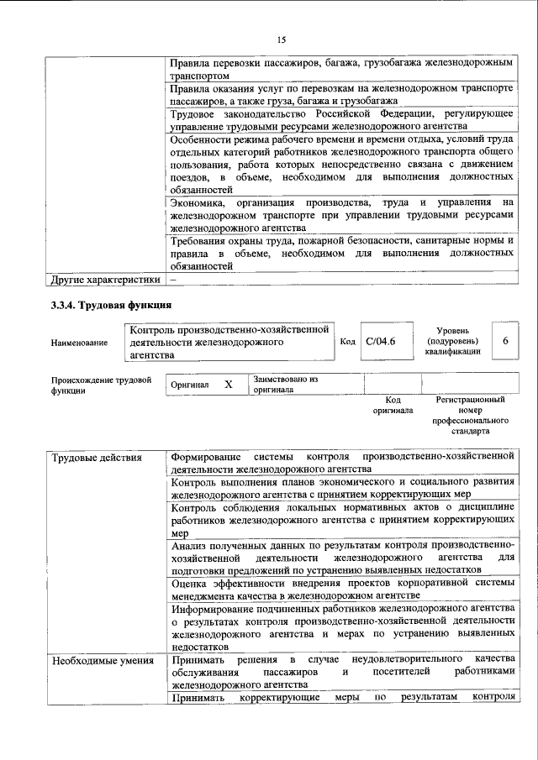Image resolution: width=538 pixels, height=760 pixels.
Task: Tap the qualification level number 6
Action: click(x=505, y=341)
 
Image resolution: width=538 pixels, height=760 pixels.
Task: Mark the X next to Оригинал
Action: click(x=228, y=384)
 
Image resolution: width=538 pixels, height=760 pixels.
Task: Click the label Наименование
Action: click(x=80, y=342)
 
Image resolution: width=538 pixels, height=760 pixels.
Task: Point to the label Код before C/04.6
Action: click(x=347, y=342)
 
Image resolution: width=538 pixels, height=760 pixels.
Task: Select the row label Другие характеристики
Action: click(x=104, y=280)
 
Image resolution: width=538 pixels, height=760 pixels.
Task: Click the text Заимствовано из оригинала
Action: click(x=286, y=385)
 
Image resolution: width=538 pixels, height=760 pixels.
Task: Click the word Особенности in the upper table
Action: click(x=203, y=139)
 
